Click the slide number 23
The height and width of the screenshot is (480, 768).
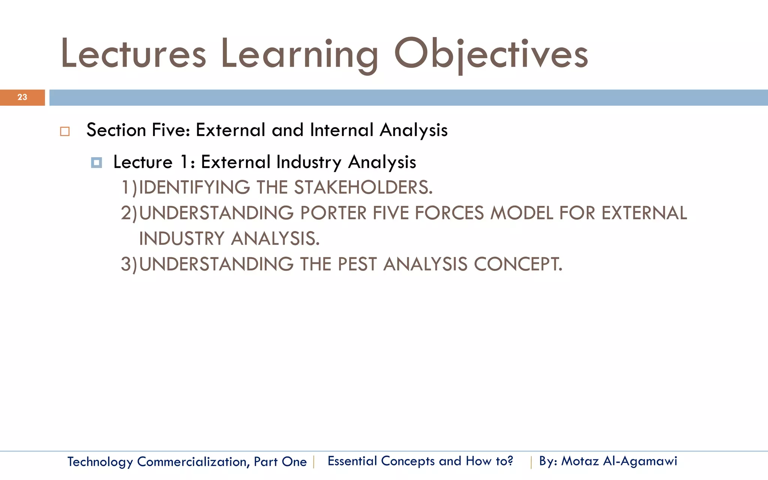click(22, 97)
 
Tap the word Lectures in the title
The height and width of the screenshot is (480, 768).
click(133, 54)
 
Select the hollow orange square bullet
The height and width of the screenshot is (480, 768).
click(65, 132)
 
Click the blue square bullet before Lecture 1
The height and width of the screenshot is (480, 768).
click(96, 163)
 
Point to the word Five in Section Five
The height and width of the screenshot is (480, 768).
click(168, 130)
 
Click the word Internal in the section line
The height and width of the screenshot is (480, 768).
click(341, 130)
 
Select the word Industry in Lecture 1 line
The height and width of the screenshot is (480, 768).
click(309, 162)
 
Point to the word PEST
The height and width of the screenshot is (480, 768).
click(357, 264)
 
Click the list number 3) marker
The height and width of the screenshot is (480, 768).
click(129, 264)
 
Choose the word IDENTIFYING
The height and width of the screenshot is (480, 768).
click(194, 187)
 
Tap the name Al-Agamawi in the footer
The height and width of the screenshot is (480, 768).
click(640, 461)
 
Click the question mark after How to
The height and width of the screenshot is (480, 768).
click(510, 460)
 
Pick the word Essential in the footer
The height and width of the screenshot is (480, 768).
click(352, 461)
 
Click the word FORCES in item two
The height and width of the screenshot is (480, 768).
click(449, 213)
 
